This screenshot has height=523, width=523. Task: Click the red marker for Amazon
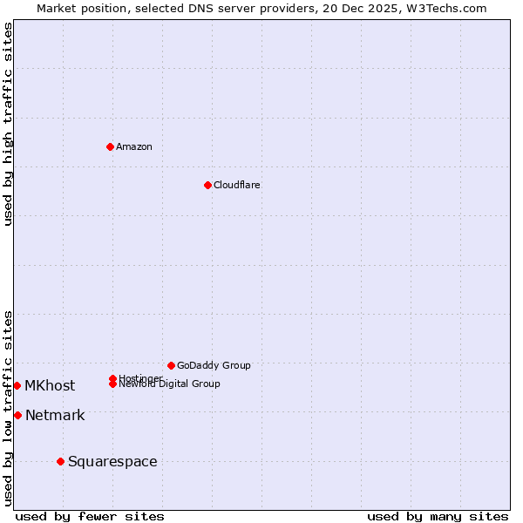coord(110,146)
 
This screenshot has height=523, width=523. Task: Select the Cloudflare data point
coord(207,185)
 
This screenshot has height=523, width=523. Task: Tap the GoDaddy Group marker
coord(171,365)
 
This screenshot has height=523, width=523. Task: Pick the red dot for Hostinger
coord(112,378)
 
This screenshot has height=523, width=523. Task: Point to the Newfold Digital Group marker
coord(112,384)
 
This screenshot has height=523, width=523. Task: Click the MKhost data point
coord(17,385)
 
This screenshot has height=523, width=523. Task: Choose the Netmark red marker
coord(17,415)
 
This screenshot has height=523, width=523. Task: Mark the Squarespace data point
coord(60,461)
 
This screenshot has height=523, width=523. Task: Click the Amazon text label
coord(134,146)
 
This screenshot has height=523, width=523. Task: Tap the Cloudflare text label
coord(237,185)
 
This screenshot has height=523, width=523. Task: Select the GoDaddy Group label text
coord(214,365)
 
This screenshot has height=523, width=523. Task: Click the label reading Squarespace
coord(112,461)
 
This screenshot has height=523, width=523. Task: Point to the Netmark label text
coord(55,415)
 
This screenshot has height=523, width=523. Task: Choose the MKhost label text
coord(50,385)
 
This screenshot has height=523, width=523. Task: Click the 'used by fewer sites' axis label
coord(90,516)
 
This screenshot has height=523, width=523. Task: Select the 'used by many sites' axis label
coord(438,516)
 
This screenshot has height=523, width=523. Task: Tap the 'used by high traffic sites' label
coord(8,124)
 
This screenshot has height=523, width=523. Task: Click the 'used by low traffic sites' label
coord(8,408)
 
